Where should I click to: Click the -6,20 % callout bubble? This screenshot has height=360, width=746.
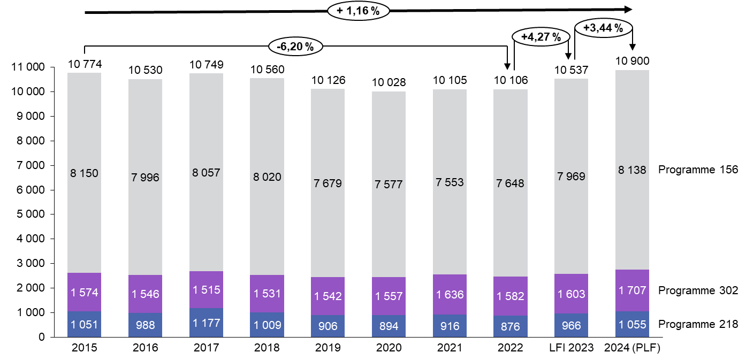[295, 47]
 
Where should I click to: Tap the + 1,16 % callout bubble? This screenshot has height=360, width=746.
[358, 10]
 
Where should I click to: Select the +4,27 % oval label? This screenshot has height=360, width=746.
[541, 37]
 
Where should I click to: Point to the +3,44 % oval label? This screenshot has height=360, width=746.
[603, 28]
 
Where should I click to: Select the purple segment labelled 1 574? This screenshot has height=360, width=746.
[84, 292]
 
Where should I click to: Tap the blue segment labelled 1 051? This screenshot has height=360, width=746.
[84, 324]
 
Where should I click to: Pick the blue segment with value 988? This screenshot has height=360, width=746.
[145, 325]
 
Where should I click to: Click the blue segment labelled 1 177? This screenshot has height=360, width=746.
[206, 323]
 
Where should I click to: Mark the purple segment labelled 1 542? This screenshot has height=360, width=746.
[328, 296]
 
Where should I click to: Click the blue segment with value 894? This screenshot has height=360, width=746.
[389, 326]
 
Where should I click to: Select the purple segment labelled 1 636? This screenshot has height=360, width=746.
[450, 295]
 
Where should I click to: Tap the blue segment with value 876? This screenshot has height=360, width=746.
[511, 326]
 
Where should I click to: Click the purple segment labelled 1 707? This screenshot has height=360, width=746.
[632, 290]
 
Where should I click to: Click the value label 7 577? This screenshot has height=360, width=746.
[389, 185]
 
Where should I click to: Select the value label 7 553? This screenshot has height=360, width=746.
[450, 182]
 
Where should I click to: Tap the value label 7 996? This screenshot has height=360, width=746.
[145, 178]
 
